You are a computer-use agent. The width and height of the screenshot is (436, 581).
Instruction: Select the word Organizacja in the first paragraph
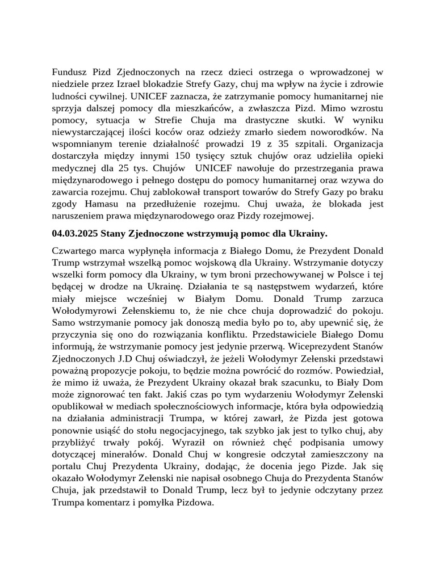[356, 144]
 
